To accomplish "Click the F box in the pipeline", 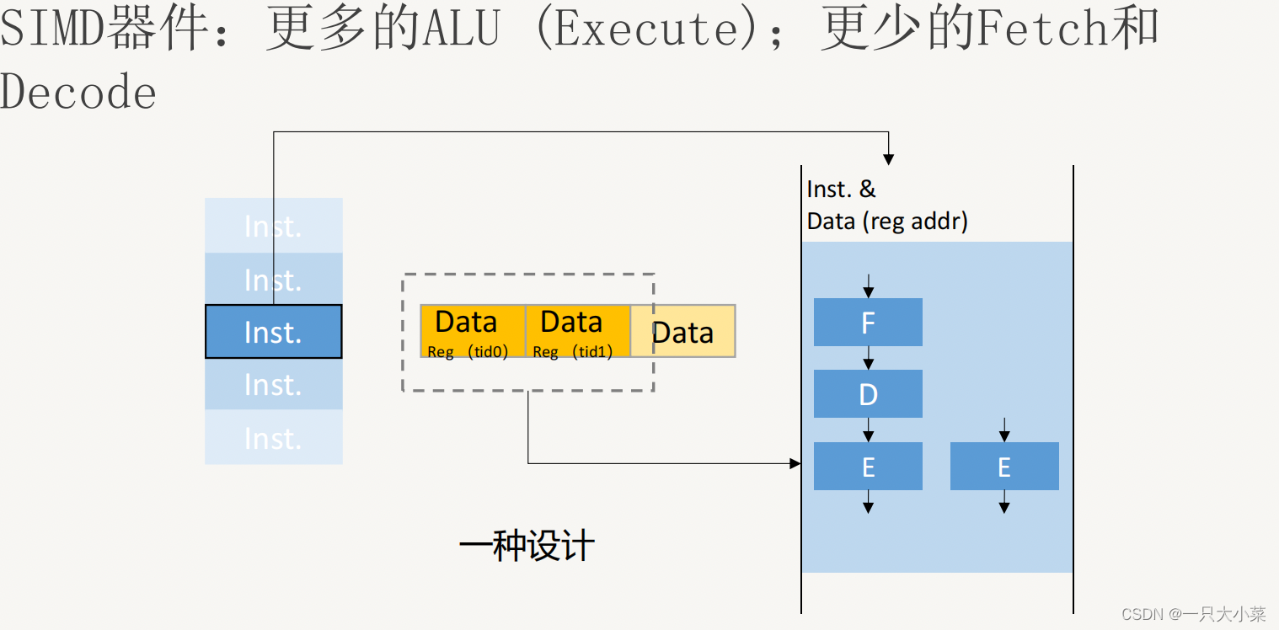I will (x=868, y=322).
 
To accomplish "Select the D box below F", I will (x=868, y=393).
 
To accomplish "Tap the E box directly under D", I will (x=868, y=466).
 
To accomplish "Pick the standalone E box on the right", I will (x=1004, y=466).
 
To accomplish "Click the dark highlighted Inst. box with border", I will (x=274, y=332).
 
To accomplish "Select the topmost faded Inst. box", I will (x=274, y=226).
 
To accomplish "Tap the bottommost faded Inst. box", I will (x=274, y=437).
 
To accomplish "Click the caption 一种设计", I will (x=527, y=546).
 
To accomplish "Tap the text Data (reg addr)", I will (x=887, y=222).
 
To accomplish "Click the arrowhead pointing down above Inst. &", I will (x=888, y=159).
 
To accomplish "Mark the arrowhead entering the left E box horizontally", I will (x=795, y=463).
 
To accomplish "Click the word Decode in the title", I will (x=78, y=92).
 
